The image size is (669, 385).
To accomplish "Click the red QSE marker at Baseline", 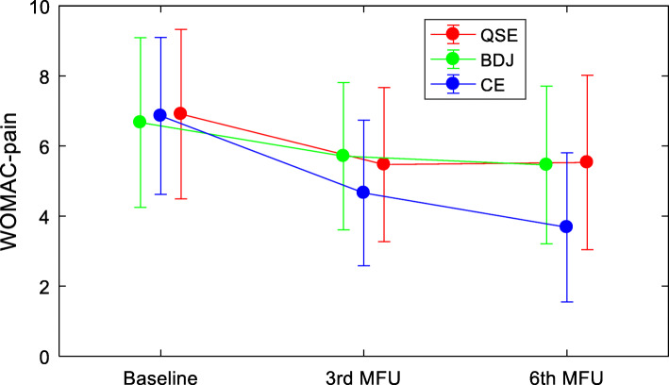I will click(x=180, y=114).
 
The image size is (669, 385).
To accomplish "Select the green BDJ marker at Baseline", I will click(x=140, y=122).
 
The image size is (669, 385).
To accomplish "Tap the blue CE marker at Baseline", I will click(x=159, y=115).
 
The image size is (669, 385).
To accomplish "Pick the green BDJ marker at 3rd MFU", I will click(x=343, y=156).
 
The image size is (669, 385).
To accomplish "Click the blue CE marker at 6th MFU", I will click(x=566, y=226).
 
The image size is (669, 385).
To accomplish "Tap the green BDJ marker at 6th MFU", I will click(x=545, y=164).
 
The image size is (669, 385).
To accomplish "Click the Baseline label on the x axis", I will click(x=159, y=377).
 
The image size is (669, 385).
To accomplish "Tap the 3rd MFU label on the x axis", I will click(x=363, y=377).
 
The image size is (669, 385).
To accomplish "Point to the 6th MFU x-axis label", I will click(x=566, y=377).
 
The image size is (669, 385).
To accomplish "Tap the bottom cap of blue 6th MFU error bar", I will click(x=566, y=302).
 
